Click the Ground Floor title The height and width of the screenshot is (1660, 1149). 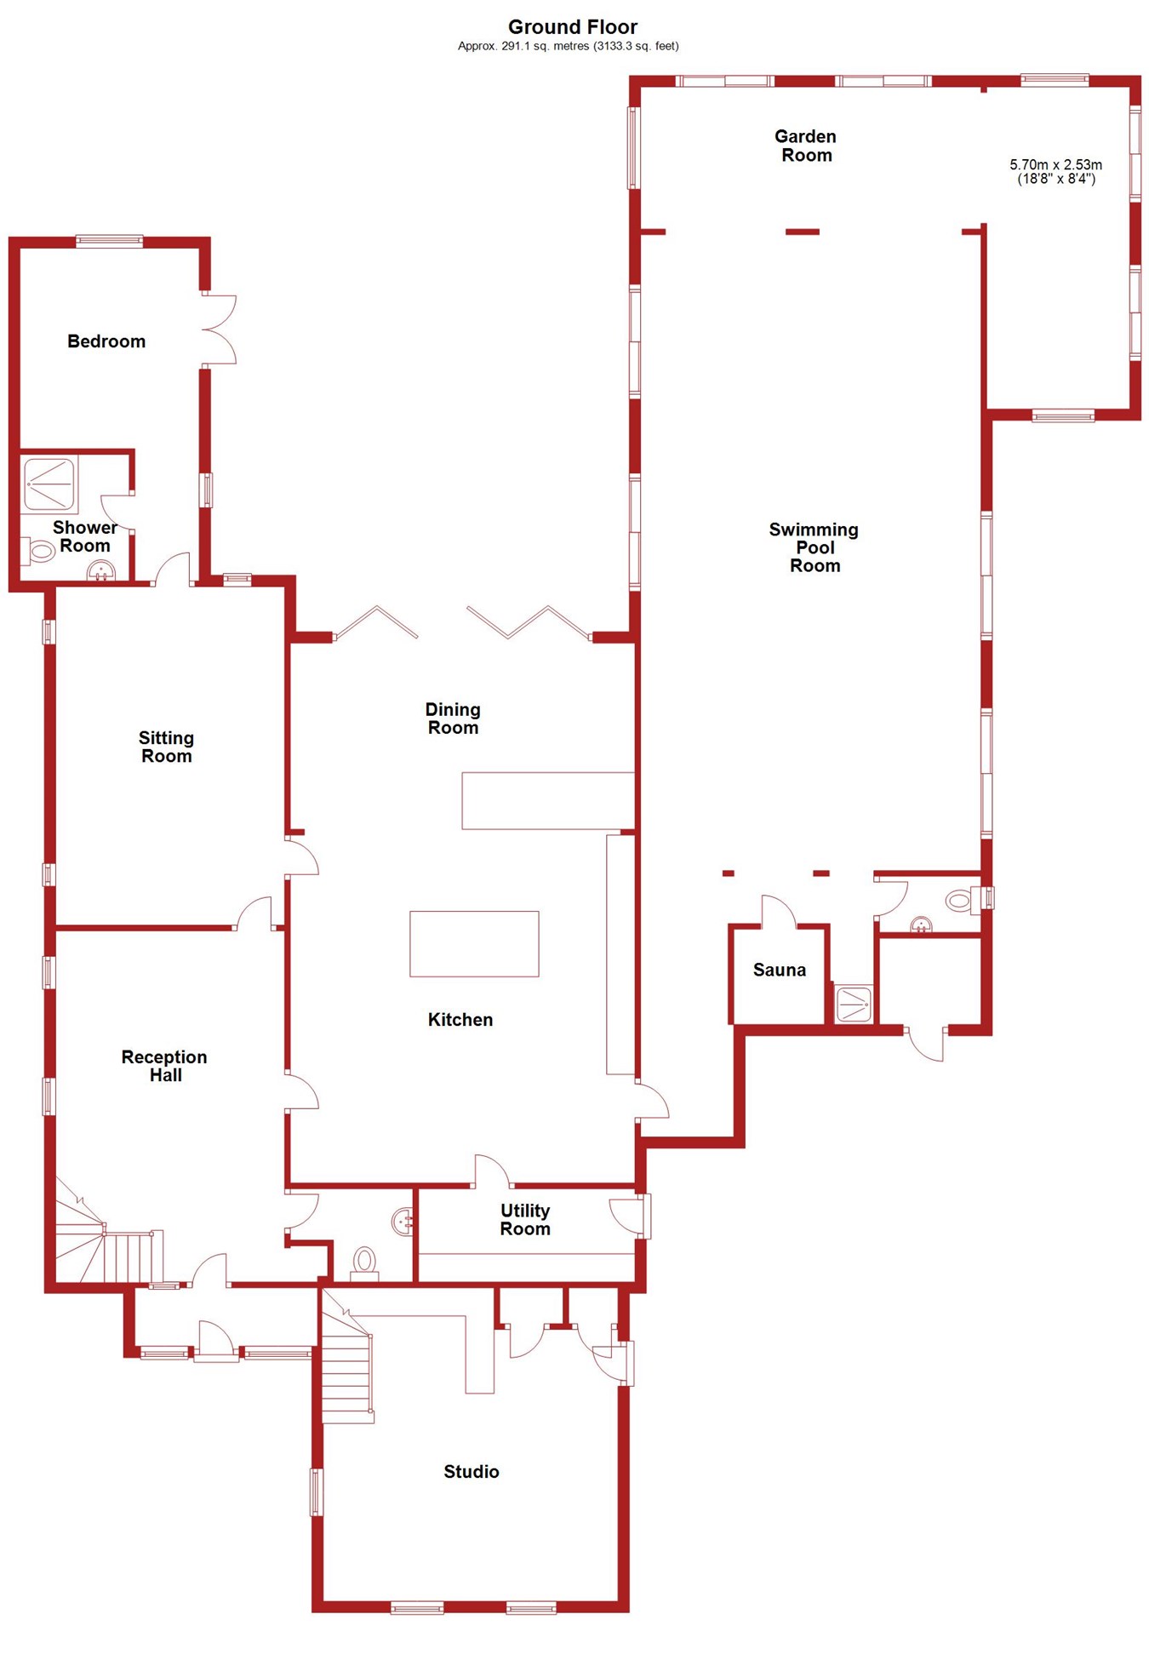[x=572, y=27]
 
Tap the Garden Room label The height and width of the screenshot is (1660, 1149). [x=805, y=146]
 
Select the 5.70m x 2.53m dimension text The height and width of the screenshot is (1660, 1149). [x=1055, y=171]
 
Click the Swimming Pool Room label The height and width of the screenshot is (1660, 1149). [x=814, y=547]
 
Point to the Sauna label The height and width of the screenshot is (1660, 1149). [x=779, y=970]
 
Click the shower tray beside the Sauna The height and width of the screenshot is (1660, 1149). [x=853, y=1004]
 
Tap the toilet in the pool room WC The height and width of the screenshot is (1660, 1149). [x=959, y=900]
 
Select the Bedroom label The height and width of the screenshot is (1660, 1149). [x=106, y=341]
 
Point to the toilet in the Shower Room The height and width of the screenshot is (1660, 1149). [x=39, y=552]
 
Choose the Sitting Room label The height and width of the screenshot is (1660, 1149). [x=166, y=747]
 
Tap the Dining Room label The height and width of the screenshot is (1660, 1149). [x=453, y=718]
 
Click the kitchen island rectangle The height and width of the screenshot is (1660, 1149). [x=474, y=943]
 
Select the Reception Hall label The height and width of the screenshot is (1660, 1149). [x=164, y=1066]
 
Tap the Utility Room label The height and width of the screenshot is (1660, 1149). [x=525, y=1219]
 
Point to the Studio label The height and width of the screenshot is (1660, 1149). [x=471, y=1471]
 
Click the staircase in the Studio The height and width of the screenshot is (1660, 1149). [x=347, y=1371]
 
